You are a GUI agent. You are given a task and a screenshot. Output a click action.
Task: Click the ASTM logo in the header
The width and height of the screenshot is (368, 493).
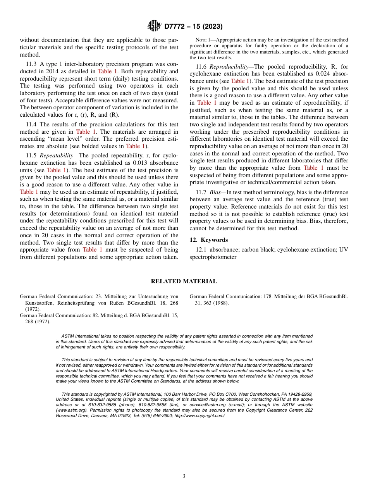[x=154, y=26]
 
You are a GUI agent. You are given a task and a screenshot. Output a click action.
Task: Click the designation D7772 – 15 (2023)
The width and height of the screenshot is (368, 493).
[x=193, y=27]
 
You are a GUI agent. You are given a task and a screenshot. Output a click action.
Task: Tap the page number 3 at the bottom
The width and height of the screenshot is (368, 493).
[x=184, y=476]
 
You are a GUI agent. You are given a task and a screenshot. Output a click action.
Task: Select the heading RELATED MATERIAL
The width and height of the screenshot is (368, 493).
[x=184, y=281]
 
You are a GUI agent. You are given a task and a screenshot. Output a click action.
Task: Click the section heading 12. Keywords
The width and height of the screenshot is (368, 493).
[x=209, y=240]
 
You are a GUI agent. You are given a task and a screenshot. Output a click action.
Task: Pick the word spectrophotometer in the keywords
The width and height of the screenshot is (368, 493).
[x=213, y=257]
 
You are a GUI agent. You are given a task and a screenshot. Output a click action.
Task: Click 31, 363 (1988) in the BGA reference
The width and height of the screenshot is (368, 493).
[x=212, y=303]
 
